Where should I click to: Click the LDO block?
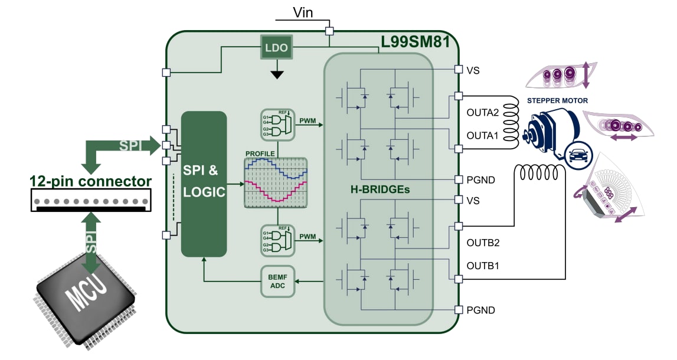coord(277,48)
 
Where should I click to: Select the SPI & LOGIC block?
coord(204,184)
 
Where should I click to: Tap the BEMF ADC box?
coord(277,282)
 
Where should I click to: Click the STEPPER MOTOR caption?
coord(557,101)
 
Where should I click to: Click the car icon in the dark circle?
coord(575,155)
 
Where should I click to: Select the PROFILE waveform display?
coord(276,182)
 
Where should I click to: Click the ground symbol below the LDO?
coord(276,74)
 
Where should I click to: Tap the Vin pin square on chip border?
coord(329,31)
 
